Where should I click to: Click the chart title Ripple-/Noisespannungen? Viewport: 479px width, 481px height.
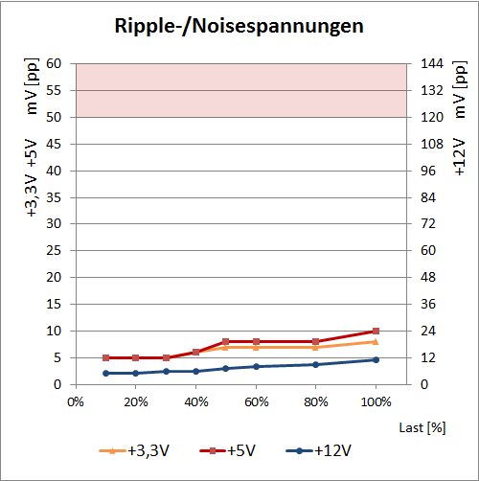tap(239, 26)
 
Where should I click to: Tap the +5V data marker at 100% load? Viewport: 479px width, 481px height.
tap(376, 331)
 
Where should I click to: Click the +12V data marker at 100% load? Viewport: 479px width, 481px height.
tap(376, 359)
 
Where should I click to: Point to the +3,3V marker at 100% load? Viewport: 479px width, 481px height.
tap(376, 341)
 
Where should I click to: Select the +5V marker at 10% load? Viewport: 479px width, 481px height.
tap(105, 357)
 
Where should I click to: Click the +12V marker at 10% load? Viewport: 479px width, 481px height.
tap(105, 373)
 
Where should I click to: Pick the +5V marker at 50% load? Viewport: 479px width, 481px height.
tap(225, 341)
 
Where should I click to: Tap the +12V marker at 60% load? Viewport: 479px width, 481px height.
tap(256, 366)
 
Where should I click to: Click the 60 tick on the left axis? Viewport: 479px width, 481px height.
tap(54, 64)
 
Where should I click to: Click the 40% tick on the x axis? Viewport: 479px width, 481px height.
tap(195, 401)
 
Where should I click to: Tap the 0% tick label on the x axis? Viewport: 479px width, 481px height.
tap(76, 401)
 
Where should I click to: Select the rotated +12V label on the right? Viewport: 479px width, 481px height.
tap(458, 153)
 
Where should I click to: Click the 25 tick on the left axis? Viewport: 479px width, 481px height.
tap(54, 251)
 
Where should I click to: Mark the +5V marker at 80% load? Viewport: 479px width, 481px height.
tap(315, 341)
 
